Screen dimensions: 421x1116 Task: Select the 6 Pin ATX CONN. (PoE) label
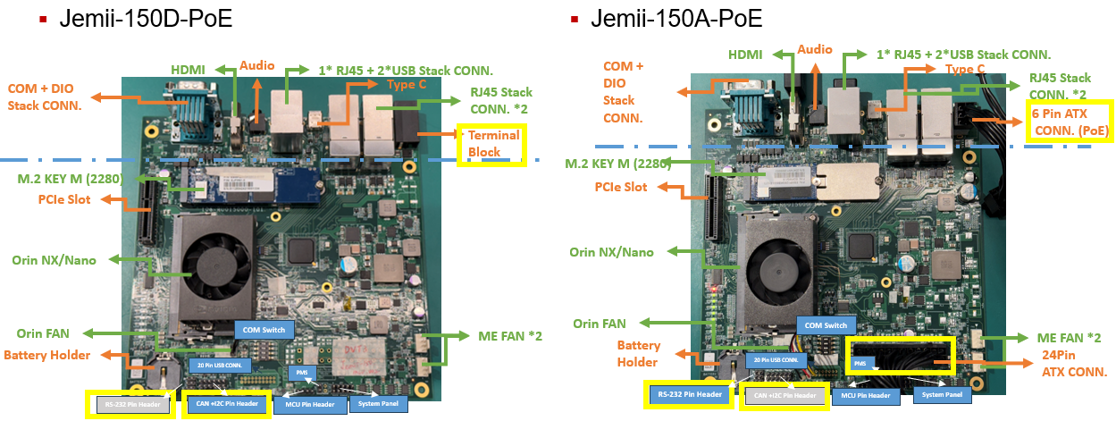coord(1069,121)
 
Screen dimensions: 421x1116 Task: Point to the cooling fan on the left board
coord(215,266)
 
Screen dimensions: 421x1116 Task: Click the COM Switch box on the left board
coord(264,330)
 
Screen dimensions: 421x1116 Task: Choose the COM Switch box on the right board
coord(826,325)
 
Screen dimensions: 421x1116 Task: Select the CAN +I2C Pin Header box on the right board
coord(785,395)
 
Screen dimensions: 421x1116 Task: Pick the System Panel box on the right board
coord(942,394)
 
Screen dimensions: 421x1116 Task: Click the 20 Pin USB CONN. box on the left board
coord(220,365)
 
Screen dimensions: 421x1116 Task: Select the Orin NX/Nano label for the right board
coord(612,252)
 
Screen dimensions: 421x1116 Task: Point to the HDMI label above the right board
coord(745,55)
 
